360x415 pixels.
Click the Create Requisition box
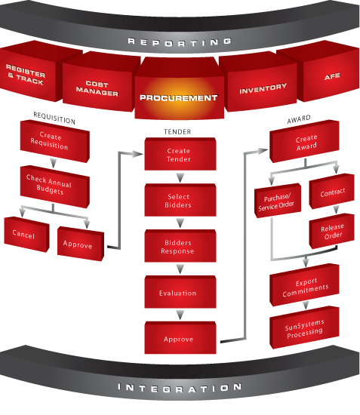(x=55, y=141)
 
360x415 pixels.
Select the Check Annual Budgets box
(x=55, y=186)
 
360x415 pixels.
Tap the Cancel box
(x=26, y=234)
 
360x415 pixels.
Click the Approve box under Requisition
(x=81, y=244)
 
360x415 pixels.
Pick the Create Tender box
(x=180, y=154)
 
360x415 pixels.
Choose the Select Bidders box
(x=180, y=200)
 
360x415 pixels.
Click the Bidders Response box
(x=180, y=246)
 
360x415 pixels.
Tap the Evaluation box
(x=180, y=292)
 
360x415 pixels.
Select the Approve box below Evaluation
(x=180, y=338)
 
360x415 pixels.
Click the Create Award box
(x=304, y=141)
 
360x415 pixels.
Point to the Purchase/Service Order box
(x=278, y=201)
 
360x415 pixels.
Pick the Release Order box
(x=331, y=231)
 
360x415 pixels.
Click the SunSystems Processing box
(x=304, y=327)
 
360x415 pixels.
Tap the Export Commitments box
(x=304, y=285)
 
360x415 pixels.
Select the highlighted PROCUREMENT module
(x=179, y=89)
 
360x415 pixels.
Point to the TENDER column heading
(x=177, y=132)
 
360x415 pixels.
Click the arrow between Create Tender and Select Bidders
(x=180, y=177)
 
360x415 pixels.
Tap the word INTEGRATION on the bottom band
(x=180, y=389)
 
